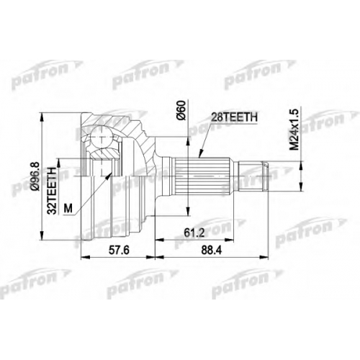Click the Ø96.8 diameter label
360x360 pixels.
(x=35, y=176)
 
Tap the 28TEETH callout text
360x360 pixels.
(x=234, y=117)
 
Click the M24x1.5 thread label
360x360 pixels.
(x=294, y=130)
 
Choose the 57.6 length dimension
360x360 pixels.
(x=119, y=251)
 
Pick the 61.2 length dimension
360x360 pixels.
(x=194, y=233)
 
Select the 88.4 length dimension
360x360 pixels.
(x=212, y=251)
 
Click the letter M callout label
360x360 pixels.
(x=68, y=208)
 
